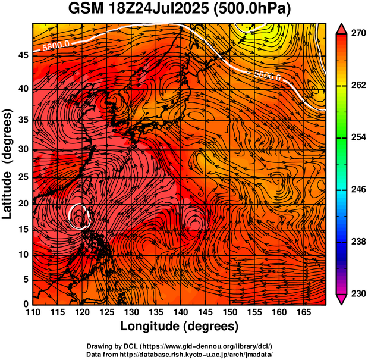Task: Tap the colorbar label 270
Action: click(x=357, y=33)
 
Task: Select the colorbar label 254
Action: click(x=357, y=137)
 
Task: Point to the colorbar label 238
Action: click(x=357, y=242)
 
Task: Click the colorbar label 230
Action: click(x=357, y=293)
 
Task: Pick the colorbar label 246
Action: click(x=357, y=190)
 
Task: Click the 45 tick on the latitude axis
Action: click(x=22, y=55)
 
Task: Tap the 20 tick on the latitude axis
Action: click(x=22, y=204)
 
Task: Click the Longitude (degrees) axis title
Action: click(x=180, y=326)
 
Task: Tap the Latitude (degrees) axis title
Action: click(x=8, y=164)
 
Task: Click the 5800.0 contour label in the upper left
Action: click(x=56, y=44)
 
